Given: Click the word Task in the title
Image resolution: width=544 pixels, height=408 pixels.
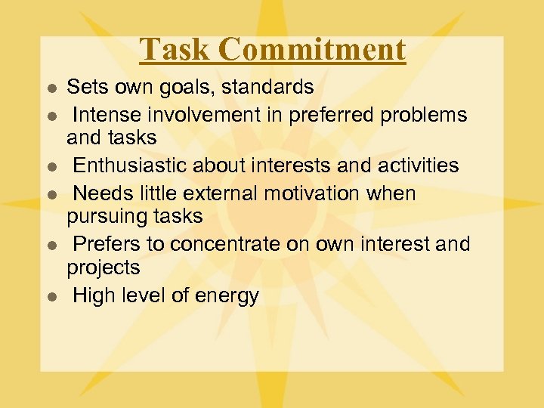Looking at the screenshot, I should (x=176, y=50).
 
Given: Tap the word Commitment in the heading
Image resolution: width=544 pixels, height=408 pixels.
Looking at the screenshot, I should (x=314, y=50).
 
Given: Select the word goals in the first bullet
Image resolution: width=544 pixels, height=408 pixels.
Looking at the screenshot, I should (x=173, y=88).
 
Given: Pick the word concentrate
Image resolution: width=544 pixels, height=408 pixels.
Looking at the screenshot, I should (x=219, y=245).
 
